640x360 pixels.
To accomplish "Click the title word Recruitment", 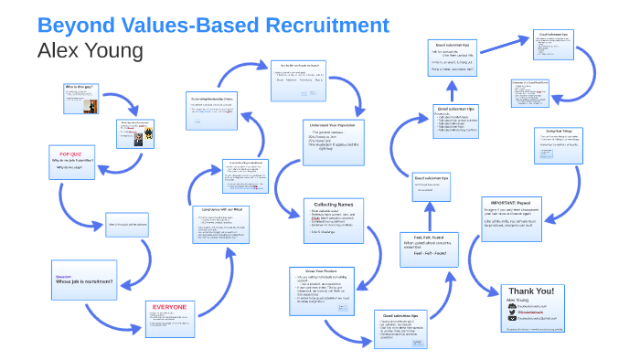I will [315, 25].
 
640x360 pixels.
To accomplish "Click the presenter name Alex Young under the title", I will [90, 51].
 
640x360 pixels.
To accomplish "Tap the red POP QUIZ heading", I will [72, 155].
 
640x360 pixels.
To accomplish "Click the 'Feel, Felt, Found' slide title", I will [424, 238].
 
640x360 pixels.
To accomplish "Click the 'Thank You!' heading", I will [531, 291].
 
